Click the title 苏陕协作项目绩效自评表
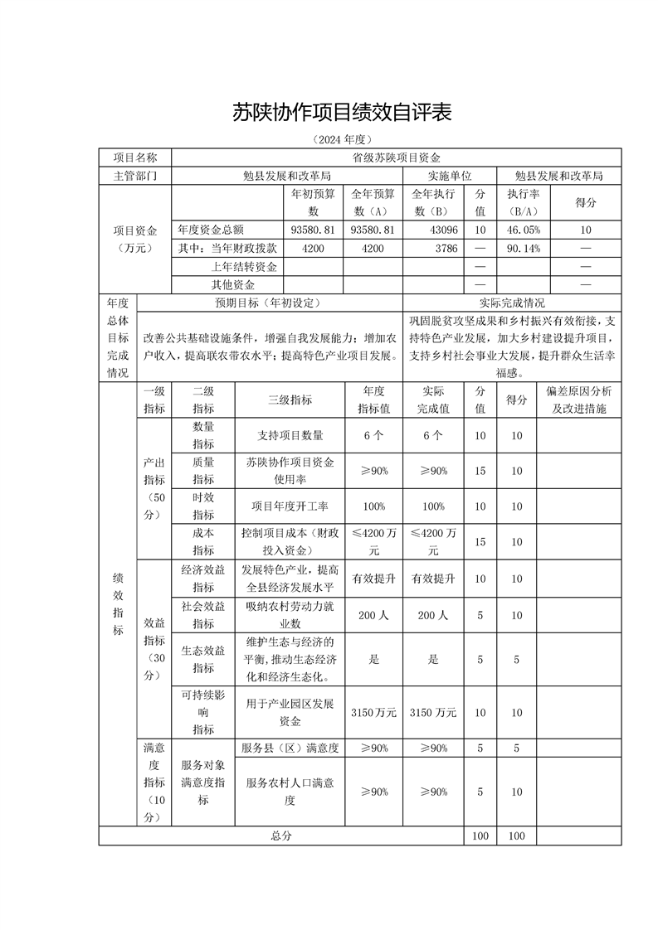click(x=341, y=113)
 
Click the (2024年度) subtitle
click(x=341, y=138)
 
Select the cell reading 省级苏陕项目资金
click(x=396, y=157)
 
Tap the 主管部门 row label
click(x=134, y=176)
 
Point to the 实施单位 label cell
click(x=450, y=176)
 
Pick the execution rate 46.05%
click(x=524, y=230)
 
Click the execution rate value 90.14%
click(x=524, y=248)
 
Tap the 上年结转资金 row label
click(x=244, y=266)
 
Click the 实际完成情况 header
click(x=512, y=303)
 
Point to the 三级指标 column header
click(x=290, y=400)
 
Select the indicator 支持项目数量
click(x=290, y=435)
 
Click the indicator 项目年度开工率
click(x=290, y=506)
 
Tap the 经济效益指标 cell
click(x=203, y=579)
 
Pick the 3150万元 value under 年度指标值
click(x=374, y=713)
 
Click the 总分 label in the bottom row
click(x=281, y=836)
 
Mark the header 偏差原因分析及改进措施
click(x=578, y=400)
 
